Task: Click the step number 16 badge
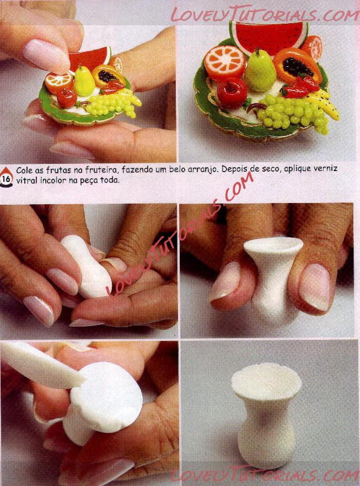click(6, 178)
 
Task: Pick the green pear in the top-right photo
click(260, 70)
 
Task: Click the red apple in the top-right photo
click(232, 92)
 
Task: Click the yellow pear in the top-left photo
click(84, 81)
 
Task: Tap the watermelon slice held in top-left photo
click(89, 60)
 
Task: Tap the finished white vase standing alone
click(266, 415)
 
